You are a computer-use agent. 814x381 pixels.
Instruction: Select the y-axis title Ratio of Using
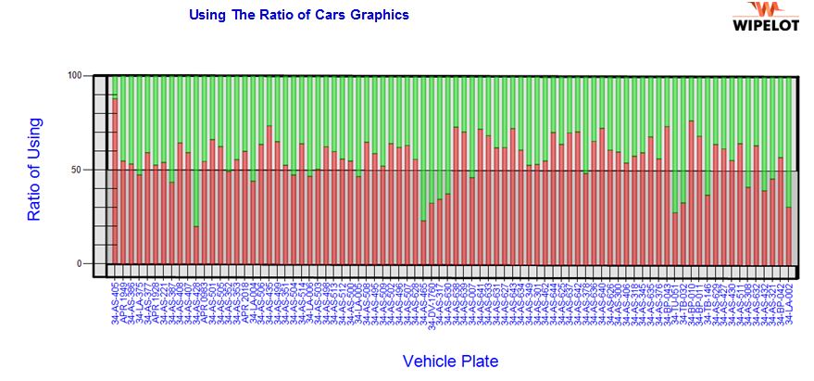pos(34,169)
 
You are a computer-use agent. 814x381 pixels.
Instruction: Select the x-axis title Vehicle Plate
pos(450,361)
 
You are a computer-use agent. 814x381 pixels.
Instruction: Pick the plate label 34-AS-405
pos(116,302)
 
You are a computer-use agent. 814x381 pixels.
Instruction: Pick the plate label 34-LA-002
pos(789,302)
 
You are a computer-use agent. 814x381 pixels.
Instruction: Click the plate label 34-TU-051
pos(675,302)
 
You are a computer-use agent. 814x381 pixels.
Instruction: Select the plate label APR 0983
pos(206,302)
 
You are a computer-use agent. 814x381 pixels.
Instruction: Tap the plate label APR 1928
pos(157,302)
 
